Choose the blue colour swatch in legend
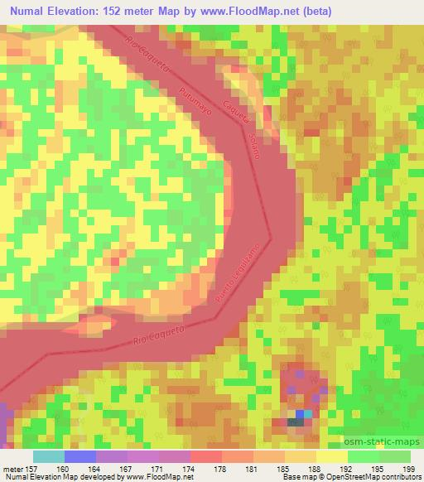[x=79, y=456]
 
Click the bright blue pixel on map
[x=300, y=414]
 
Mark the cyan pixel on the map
[x=309, y=413]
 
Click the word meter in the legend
[x=13, y=470]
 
